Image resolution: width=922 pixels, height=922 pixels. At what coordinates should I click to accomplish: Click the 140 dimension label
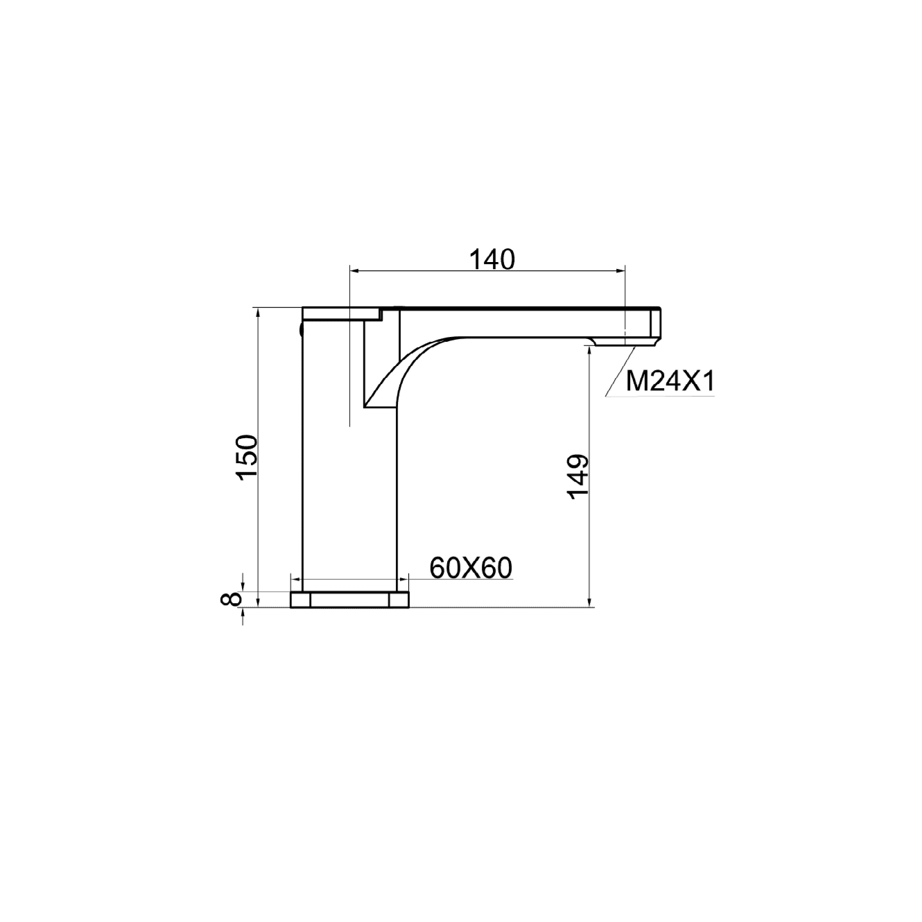pyautogui.click(x=492, y=260)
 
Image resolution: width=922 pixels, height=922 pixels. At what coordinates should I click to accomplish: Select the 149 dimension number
pyautogui.click(x=578, y=477)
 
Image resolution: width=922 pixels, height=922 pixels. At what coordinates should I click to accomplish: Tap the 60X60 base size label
pyautogui.click(x=471, y=568)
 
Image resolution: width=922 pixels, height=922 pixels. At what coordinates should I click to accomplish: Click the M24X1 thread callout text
pyautogui.click(x=670, y=382)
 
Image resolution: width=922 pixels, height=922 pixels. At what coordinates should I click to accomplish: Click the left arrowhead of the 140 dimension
pyautogui.click(x=354, y=271)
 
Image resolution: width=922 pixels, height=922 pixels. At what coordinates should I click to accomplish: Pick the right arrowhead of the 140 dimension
pyautogui.click(x=620, y=271)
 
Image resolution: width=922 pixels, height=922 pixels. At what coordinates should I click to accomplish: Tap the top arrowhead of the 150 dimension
pyautogui.click(x=259, y=313)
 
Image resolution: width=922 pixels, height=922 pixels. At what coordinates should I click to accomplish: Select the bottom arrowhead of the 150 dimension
pyautogui.click(x=259, y=602)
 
